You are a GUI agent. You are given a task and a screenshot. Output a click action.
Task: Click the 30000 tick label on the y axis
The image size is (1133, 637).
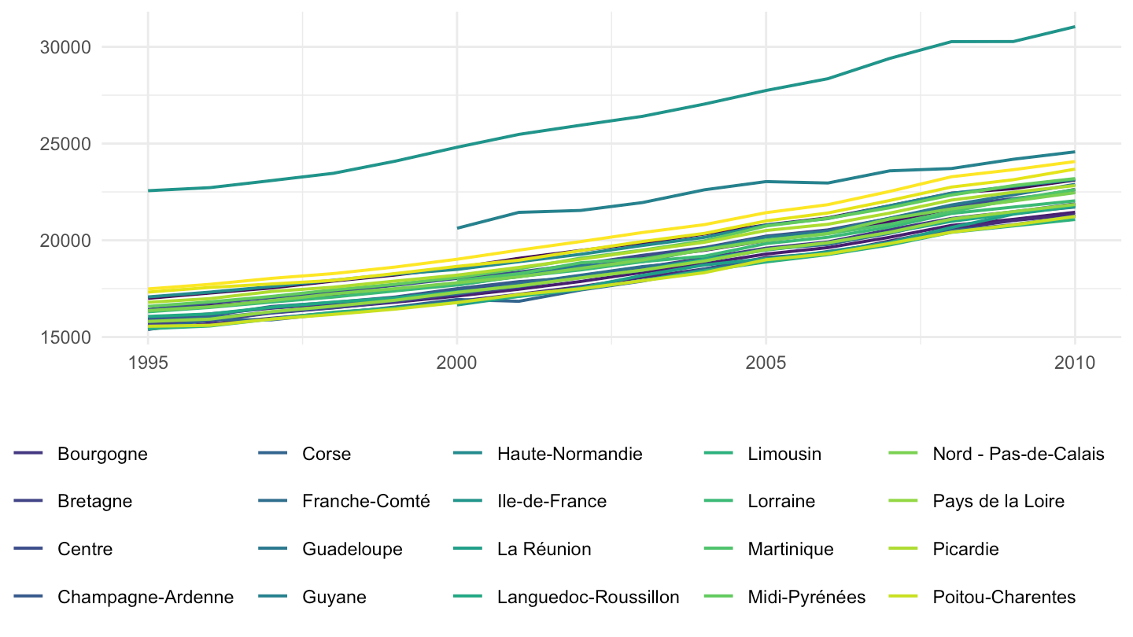click(x=65, y=47)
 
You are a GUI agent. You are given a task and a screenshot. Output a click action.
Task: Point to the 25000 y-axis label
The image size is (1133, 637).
click(x=65, y=144)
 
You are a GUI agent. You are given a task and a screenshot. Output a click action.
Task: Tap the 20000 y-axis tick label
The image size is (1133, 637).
click(x=65, y=241)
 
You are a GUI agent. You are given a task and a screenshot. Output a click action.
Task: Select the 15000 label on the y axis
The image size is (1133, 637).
click(x=65, y=337)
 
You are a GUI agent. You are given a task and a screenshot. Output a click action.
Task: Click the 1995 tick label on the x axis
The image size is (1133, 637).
click(x=148, y=363)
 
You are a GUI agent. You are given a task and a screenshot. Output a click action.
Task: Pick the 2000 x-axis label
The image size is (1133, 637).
click(x=456, y=363)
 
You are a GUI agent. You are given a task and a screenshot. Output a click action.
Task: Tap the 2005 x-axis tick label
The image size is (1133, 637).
click(x=766, y=363)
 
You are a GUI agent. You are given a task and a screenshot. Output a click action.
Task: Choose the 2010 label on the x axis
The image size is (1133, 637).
click(x=1075, y=363)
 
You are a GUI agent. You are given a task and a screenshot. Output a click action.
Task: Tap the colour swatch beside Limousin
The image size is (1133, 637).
click(x=718, y=453)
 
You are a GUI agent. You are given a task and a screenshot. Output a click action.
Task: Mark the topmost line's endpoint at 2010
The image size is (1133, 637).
click(x=1074, y=27)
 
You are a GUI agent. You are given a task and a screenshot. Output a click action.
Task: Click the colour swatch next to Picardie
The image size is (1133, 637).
click(x=903, y=549)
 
